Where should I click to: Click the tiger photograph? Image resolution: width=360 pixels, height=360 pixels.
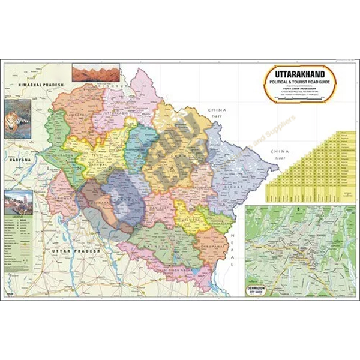tap(19, 119)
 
